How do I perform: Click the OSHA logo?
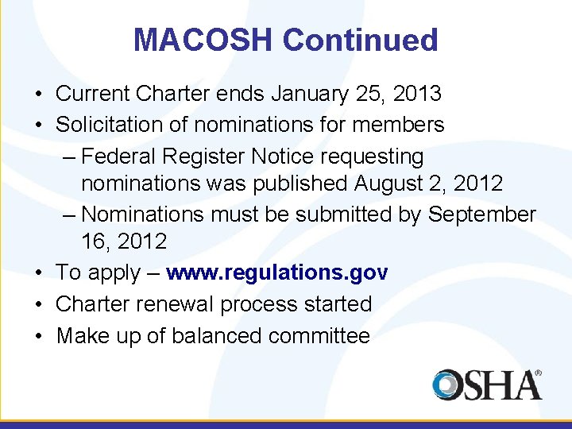[487, 385]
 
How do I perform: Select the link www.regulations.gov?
[276, 273]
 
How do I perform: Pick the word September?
[482, 214]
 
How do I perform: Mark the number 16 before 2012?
[94, 242]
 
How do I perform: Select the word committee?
[319, 336]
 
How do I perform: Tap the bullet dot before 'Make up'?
[38, 336]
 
